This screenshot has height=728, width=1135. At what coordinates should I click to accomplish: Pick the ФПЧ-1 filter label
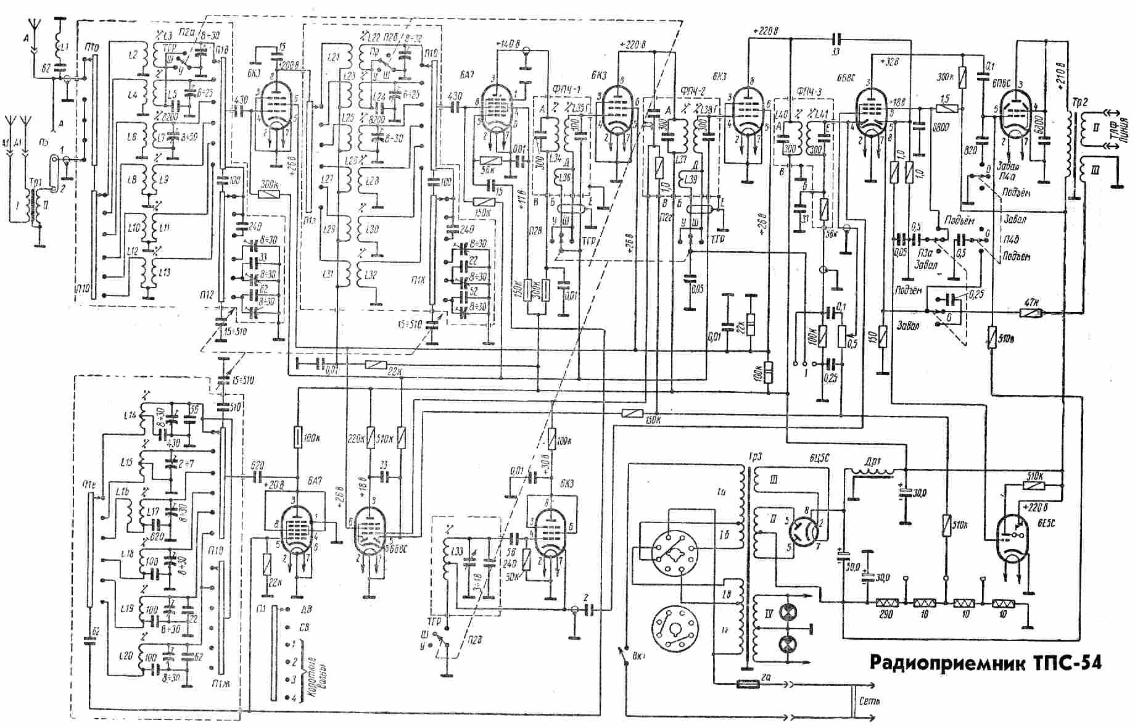pos(553,89)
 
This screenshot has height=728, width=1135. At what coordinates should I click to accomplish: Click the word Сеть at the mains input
pos(869,701)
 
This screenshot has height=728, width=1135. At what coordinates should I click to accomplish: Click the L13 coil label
pos(164,273)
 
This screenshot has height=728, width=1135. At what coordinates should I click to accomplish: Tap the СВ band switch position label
pos(305,627)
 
